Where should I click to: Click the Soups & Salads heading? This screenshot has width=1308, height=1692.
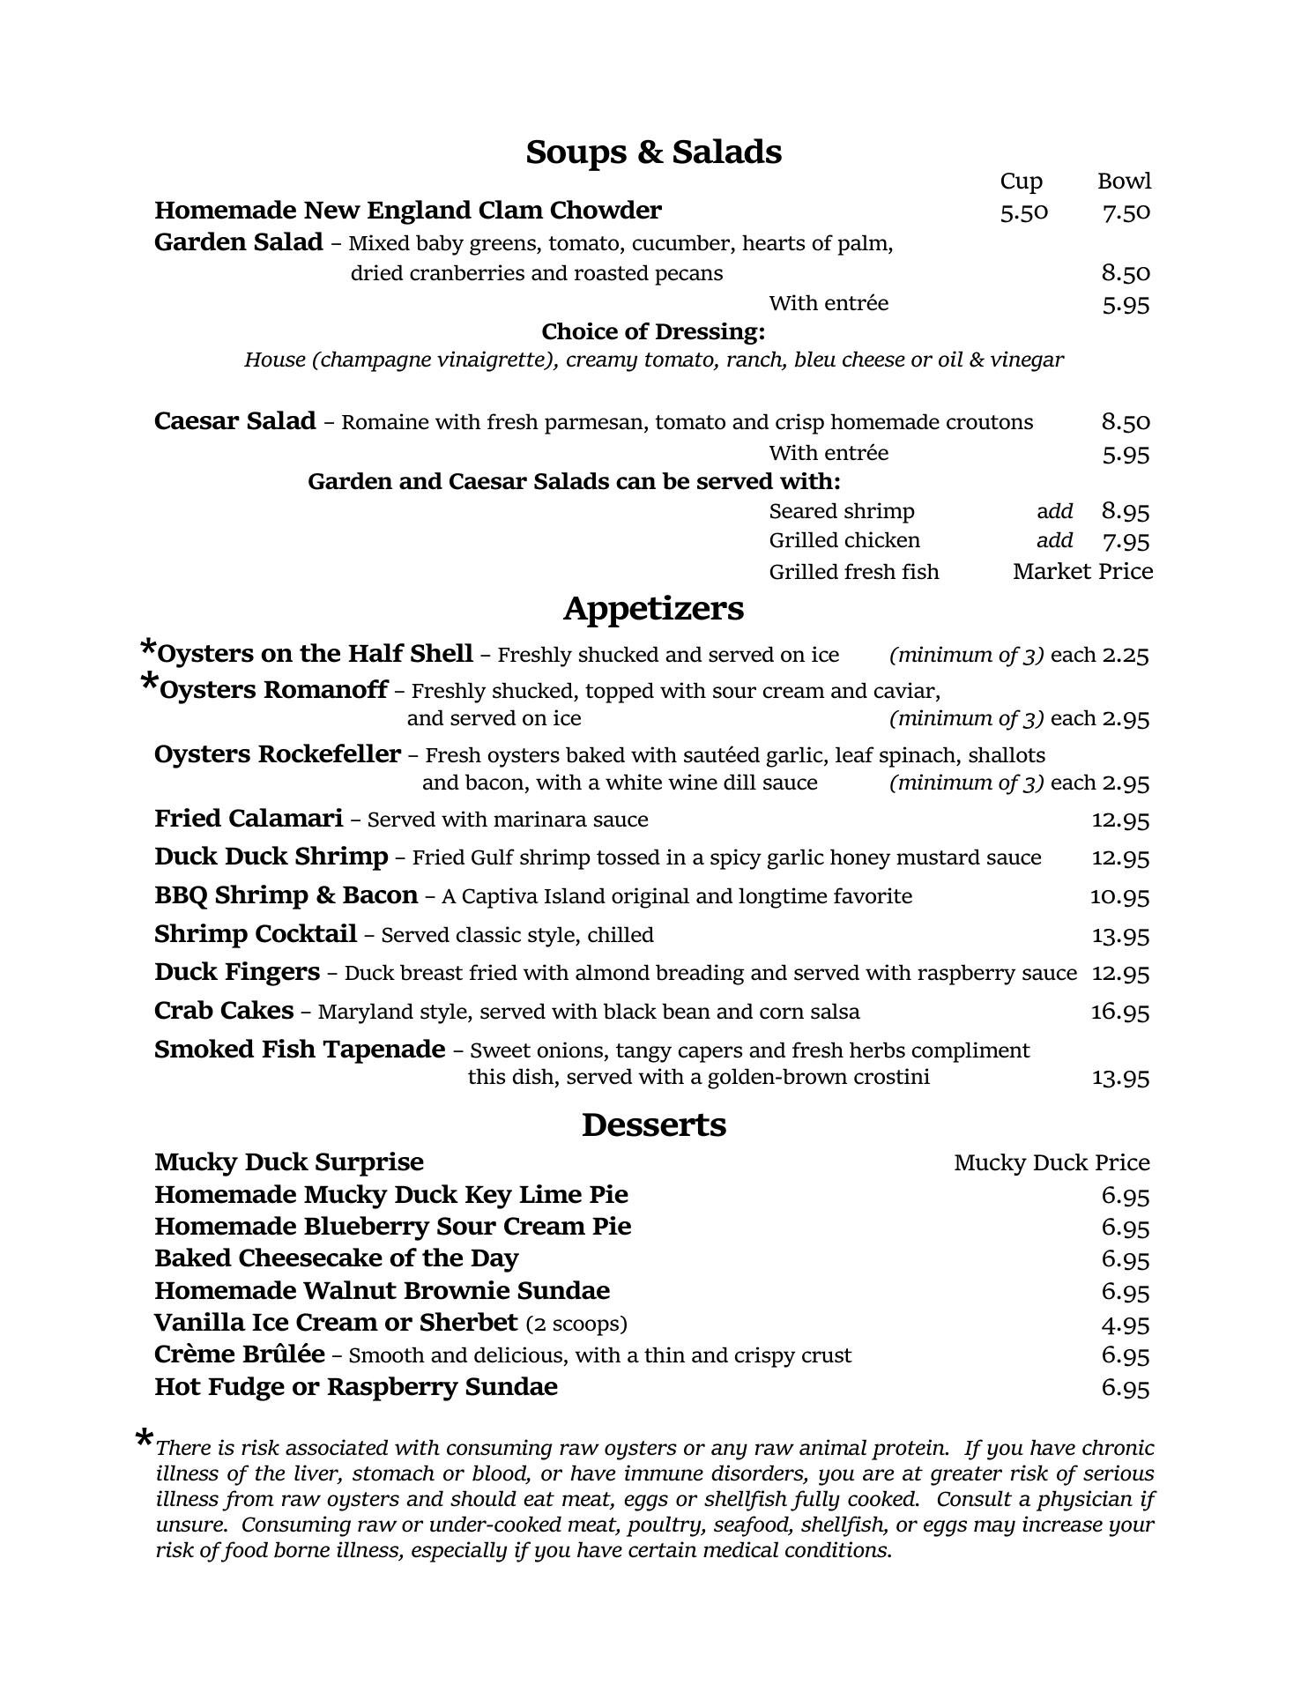[653, 152]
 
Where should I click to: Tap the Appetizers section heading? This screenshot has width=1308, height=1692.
[653, 609]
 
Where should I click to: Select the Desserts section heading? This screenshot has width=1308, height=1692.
[653, 1125]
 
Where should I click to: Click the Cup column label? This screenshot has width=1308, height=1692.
[1021, 182]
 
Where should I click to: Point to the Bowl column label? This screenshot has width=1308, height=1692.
[1124, 182]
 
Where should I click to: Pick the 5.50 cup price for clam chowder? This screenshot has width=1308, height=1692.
[1024, 212]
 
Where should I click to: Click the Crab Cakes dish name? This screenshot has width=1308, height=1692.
[224, 1011]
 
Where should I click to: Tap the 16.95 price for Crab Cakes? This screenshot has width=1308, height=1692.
[1119, 1012]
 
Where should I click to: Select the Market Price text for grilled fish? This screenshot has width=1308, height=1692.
[1082, 572]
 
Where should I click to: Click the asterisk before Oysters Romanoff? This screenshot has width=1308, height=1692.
[150, 683]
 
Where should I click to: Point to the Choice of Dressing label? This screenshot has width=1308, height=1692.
[653, 332]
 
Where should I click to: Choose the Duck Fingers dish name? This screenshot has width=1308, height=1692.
[236, 972]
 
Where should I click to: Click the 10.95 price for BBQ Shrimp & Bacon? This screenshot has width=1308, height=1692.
[1119, 897]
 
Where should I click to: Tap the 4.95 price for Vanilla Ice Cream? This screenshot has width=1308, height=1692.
[1126, 1325]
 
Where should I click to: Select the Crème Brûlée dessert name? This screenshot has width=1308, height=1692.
[239, 1354]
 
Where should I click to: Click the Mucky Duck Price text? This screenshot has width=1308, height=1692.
[1052, 1163]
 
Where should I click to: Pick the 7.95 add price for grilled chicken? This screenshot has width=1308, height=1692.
[1126, 541]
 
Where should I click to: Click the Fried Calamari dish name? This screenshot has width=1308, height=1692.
[249, 819]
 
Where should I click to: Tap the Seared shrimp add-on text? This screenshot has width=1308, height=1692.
[842, 512]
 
